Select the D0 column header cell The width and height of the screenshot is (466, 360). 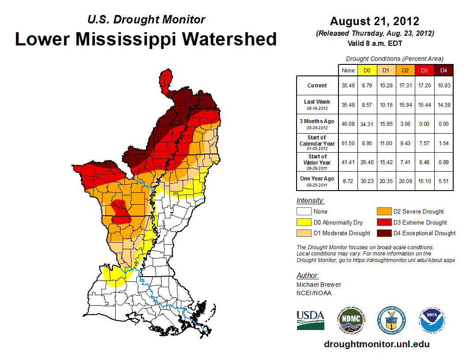click(x=366, y=70)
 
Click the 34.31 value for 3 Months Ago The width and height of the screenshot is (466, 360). click(x=366, y=124)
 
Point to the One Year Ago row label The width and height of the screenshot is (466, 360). click(x=317, y=180)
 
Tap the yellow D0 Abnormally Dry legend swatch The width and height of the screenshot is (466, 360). click(x=303, y=222)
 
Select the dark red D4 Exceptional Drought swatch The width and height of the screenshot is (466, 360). click(x=383, y=233)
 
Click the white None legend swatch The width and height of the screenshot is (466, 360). click(x=303, y=212)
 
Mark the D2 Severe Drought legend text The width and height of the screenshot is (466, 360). click(x=418, y=212)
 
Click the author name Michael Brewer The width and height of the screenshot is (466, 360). click(x=319, y=285)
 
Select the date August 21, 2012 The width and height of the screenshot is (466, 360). click(x=375, y=21)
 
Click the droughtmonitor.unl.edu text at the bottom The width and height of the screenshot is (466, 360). click(x=376, y=344)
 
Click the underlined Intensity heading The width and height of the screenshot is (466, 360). click(x=310, y=201)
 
